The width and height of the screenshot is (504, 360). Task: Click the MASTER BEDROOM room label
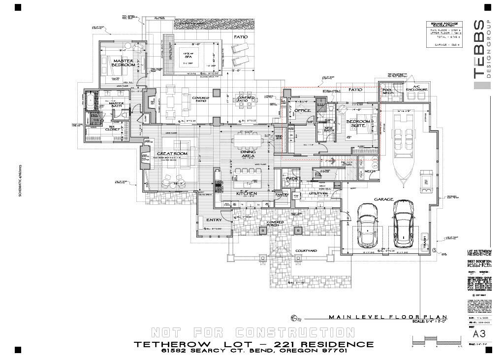coord(123,63)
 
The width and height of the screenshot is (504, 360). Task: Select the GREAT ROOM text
coord(172,154)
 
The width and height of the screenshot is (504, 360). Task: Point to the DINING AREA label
coord(248,154)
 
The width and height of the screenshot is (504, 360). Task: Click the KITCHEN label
coord(247,194)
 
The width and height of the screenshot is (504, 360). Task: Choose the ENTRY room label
coord(214,220)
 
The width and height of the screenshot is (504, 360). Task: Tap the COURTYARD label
coord(306,251)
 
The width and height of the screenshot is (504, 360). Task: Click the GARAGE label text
coord(383,199)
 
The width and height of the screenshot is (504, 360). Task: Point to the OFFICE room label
coord(302,111)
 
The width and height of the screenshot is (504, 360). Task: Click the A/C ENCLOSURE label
coord(416,89)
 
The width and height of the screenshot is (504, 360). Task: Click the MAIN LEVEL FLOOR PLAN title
coord(387,317)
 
